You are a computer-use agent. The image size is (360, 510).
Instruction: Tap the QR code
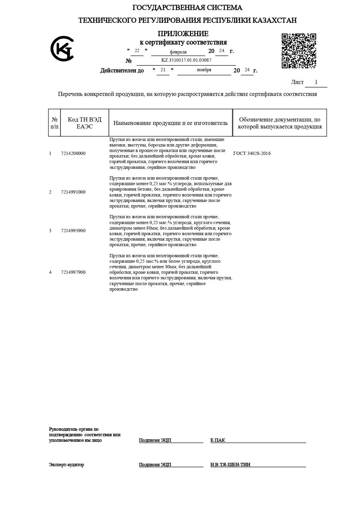pos(299,51)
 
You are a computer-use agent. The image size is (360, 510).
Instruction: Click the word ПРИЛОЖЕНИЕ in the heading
pos(183,34)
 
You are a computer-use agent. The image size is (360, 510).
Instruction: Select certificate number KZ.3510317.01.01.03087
pos(186,60)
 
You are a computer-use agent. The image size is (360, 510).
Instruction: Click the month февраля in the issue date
pos(178,52)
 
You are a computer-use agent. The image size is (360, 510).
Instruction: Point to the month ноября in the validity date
pos(204,70)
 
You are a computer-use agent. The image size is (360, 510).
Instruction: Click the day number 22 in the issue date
pos(137,51)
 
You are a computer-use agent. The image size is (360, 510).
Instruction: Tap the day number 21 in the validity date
pos(163,70)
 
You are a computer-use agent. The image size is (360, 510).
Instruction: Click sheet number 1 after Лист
pos(316,82)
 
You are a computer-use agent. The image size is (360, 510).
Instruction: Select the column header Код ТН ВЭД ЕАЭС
pos(84,123)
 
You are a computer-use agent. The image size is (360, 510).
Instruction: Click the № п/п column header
pos(54,123)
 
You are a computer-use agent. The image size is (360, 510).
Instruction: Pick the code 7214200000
pos(73,153)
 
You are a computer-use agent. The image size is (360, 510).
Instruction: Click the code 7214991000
pos(73,192)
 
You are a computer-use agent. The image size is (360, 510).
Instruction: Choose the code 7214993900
pos(73,231)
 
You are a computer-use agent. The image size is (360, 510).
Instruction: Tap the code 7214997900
pos(73,272)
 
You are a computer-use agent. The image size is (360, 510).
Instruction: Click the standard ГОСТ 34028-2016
pos(252,153)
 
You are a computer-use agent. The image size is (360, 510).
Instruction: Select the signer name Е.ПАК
pos(218,440)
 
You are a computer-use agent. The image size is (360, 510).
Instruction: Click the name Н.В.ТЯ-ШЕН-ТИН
pos(230,465)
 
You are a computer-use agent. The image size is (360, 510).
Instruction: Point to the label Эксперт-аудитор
pos(66,465)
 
